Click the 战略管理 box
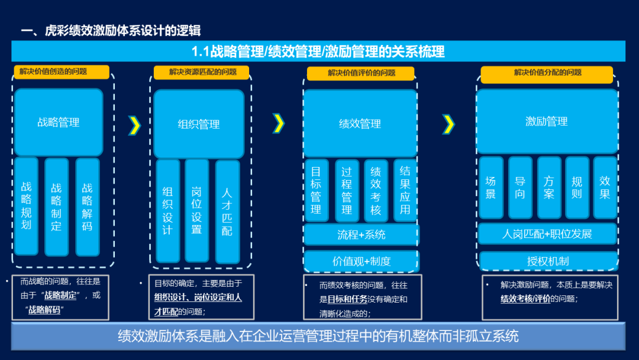tap(59, 123)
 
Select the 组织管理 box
tap(199, 124)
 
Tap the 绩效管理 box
tap(360, 124)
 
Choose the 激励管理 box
tap(547, 121)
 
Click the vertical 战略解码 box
tap(88, 207)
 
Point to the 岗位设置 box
tap(196, 211)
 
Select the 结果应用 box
tap(405, 190)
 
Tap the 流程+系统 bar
tap(361, 234)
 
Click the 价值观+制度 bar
tap(361, 261)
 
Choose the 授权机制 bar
tap(547, 261)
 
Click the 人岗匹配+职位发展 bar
tap(547, 234)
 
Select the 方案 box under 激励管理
tap(548, 187)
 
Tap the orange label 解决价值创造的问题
tap(62, 72)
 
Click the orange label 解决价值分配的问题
tap(547, 73)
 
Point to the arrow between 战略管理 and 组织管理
tap(135, 124)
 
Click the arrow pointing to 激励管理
tap(449, 124)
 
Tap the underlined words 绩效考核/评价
tap(525, 299)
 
